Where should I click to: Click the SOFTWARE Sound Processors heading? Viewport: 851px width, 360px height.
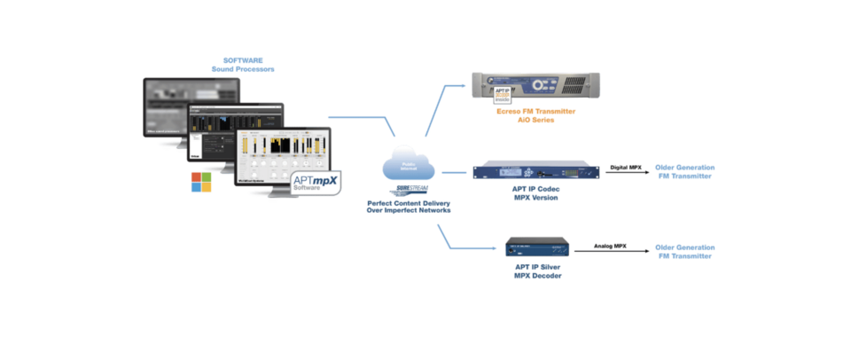[242, 64]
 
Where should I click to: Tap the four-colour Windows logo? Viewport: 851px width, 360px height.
[203, 182]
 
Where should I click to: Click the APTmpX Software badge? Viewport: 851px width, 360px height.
[316, 184]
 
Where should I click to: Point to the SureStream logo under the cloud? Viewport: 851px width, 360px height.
[410, 191]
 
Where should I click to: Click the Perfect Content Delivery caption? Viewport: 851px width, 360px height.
[410, 207]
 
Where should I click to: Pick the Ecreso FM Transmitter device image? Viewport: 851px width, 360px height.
[535, 87]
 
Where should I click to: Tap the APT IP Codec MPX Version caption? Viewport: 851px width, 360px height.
[534, 194]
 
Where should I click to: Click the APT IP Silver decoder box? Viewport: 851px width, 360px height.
[537, 247]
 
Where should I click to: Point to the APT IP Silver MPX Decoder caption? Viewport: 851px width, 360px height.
[538, 271]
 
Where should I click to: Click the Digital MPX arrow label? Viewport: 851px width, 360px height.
[626, 167]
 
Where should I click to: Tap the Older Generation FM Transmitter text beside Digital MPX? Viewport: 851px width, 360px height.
[683, 171]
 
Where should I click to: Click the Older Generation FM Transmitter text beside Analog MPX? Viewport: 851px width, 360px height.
[683, 251]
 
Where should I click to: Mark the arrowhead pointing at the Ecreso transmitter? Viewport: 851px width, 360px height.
[463, 86]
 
